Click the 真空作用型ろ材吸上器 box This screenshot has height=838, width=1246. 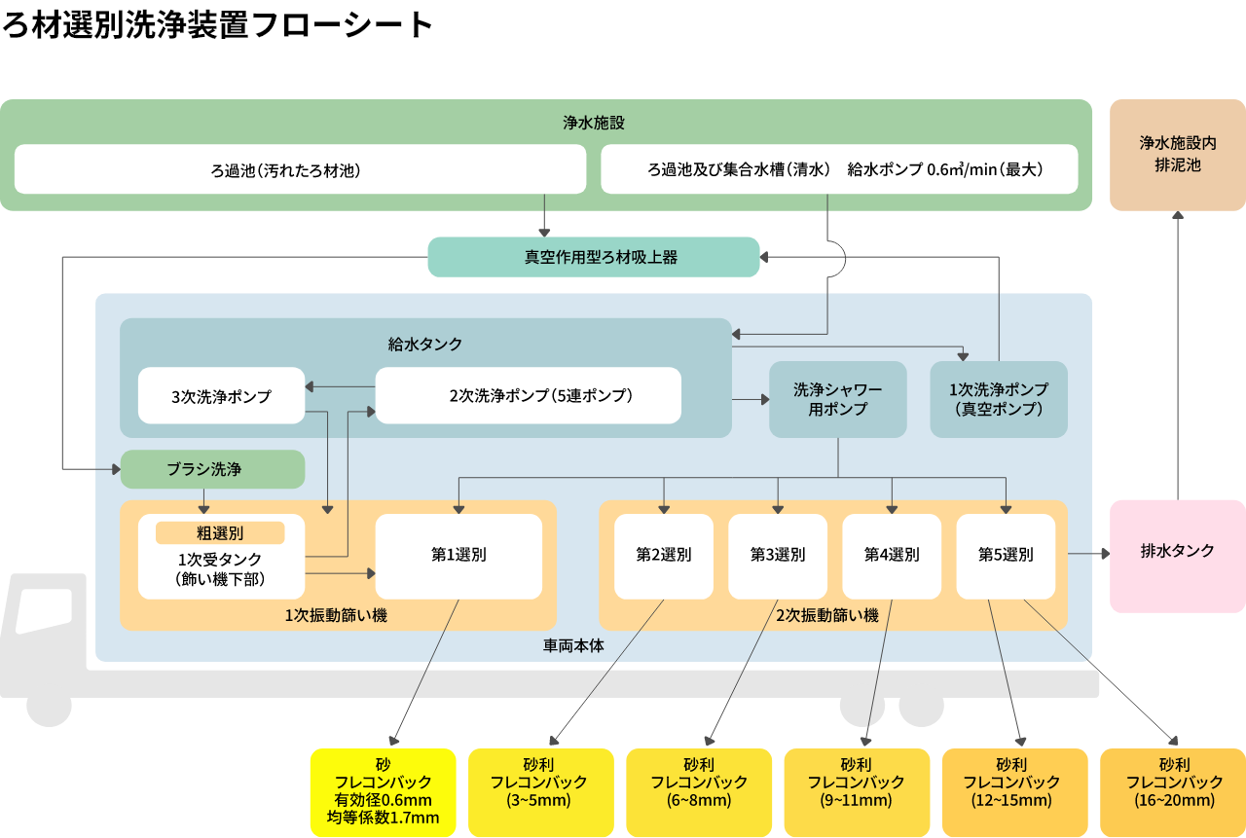pyautogui.click(x=594, y=257)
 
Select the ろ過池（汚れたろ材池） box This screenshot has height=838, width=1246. pyautogui.click(x=300, y=169)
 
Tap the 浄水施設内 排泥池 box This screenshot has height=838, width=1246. pyautogui.click(x=1177, y=155)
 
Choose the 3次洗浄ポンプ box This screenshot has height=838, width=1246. pyautogui.click(x=221, y=396)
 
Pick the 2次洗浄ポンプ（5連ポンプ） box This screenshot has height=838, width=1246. pyautogui.click(x=529, y=395)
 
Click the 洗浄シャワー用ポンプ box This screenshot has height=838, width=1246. pyautogui.click(x=837, y=399)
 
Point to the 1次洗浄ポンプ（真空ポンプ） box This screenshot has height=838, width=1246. pyautogui.click(x=999, y=399)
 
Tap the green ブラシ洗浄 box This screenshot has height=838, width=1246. pyautogui.click(x=212, y=469)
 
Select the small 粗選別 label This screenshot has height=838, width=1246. pyautogui.click(x=220, y=532)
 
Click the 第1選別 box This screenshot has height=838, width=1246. pyautogui.click(x=458, y=556)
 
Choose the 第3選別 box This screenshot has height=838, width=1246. pyautogui.click(x=777, y=556)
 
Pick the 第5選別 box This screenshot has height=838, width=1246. pyautogui.click(x=1006, y=556)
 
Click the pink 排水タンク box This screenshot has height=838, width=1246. pyautogui.click(x=1177, y=551)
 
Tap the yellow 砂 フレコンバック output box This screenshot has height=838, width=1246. pyautogui.click(x=383, y=792)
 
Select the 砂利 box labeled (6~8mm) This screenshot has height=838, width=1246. pyautogui.click(x=698, y=792)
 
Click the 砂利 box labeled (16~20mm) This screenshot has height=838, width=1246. pyautogui.click(x=1173, y=792)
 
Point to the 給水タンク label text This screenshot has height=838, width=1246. pyautogui.click(x=425, y=344)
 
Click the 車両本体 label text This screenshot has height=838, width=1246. pyautogui.click(x=573, y=645)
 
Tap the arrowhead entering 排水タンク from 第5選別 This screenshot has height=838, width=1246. pyautogui.click(x=1105, y=554)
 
